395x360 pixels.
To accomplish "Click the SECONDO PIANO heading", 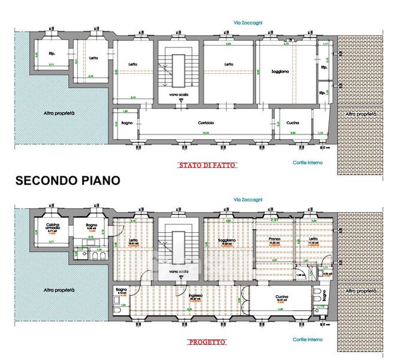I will coord(67,180).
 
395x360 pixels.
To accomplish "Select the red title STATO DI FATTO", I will coord(207,165).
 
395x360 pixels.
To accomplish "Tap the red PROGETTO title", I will coord(207,343).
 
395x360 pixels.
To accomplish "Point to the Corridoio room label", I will coord(206,124).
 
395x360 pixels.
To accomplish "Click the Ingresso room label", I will coord(195,296).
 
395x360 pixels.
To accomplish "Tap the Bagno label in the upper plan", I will coord(126,124).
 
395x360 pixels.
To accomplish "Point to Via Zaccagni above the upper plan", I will coord(248,23).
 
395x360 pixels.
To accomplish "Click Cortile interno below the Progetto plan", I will coord(307,340).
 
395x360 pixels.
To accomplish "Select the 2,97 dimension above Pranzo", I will coord(275,221).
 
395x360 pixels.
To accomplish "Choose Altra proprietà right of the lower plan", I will coord(361,290).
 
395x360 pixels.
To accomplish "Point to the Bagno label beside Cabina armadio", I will coord(91,226).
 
